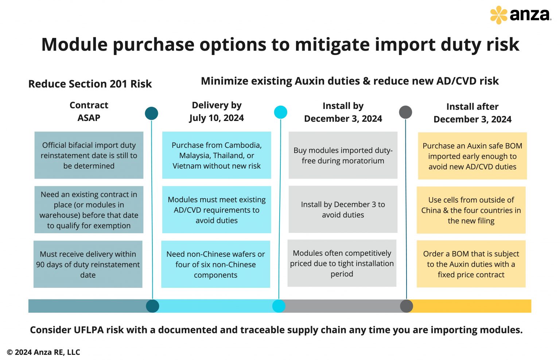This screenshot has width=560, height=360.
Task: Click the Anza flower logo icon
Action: coord(498,15)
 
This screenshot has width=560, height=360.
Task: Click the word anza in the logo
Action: coord(530,15)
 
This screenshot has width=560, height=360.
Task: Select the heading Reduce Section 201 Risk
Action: coord(90,84)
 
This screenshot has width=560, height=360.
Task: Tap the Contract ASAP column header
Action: coord(89,111)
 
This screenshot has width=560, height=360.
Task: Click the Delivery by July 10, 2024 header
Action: coord(217,111)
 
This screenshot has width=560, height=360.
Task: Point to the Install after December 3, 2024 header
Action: coord(472,113)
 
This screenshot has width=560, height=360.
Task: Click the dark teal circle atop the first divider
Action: coord(151,113)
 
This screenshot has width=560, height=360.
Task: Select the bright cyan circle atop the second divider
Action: coord(280,112)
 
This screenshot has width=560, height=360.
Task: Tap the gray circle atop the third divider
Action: coord(405,112)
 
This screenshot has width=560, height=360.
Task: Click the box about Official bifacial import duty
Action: coord(89,155)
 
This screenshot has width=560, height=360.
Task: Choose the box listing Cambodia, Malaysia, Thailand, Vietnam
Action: coord(217,155)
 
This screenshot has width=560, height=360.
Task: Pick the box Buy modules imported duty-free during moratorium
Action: coord(343,155)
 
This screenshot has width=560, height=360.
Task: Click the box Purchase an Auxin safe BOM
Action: coord(472,156)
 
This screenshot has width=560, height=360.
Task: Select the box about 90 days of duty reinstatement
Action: coord(88,264)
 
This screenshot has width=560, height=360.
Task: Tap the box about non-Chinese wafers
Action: coord(215,264)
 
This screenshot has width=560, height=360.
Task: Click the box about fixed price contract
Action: coord(471,264)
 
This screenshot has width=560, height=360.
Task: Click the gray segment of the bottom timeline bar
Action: coord(343,306)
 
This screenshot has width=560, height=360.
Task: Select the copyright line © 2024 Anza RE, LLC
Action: coord(43,352)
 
